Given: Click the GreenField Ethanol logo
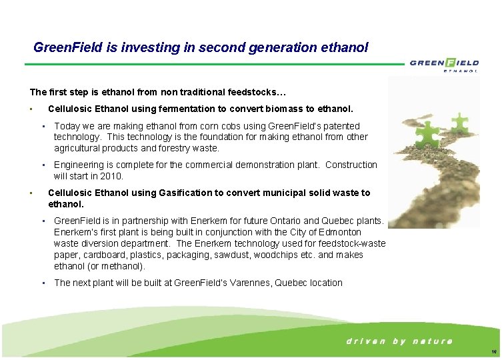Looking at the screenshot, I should [x=444, y=65].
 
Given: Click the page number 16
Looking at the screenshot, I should [x=493, y=352].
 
